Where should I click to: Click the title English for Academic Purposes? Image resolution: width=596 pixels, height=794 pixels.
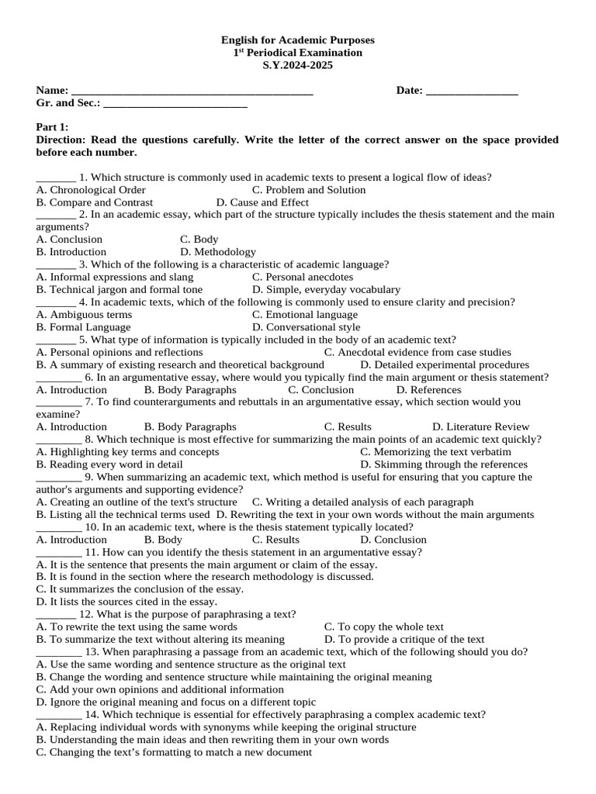[298, 40]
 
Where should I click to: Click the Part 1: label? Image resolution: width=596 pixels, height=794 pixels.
[53, 127]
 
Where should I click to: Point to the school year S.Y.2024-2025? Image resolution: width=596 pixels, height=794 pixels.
[298, 65]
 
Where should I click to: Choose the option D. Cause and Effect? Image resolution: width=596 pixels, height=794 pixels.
[262, 202]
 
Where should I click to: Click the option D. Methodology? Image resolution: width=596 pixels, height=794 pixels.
[218, 252]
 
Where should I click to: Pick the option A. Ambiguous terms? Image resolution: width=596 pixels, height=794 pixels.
[84, 315]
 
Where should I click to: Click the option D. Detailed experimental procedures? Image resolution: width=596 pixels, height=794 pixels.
[445, 364]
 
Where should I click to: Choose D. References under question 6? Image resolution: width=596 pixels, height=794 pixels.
[428, 390]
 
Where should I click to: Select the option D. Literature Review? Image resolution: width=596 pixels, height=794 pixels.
[481, 426]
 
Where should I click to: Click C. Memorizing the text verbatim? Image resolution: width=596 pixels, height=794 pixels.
[435, 452]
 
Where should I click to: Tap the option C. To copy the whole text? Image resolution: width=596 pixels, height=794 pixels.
[384, 627]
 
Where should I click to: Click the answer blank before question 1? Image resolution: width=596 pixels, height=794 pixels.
[56, 178]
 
